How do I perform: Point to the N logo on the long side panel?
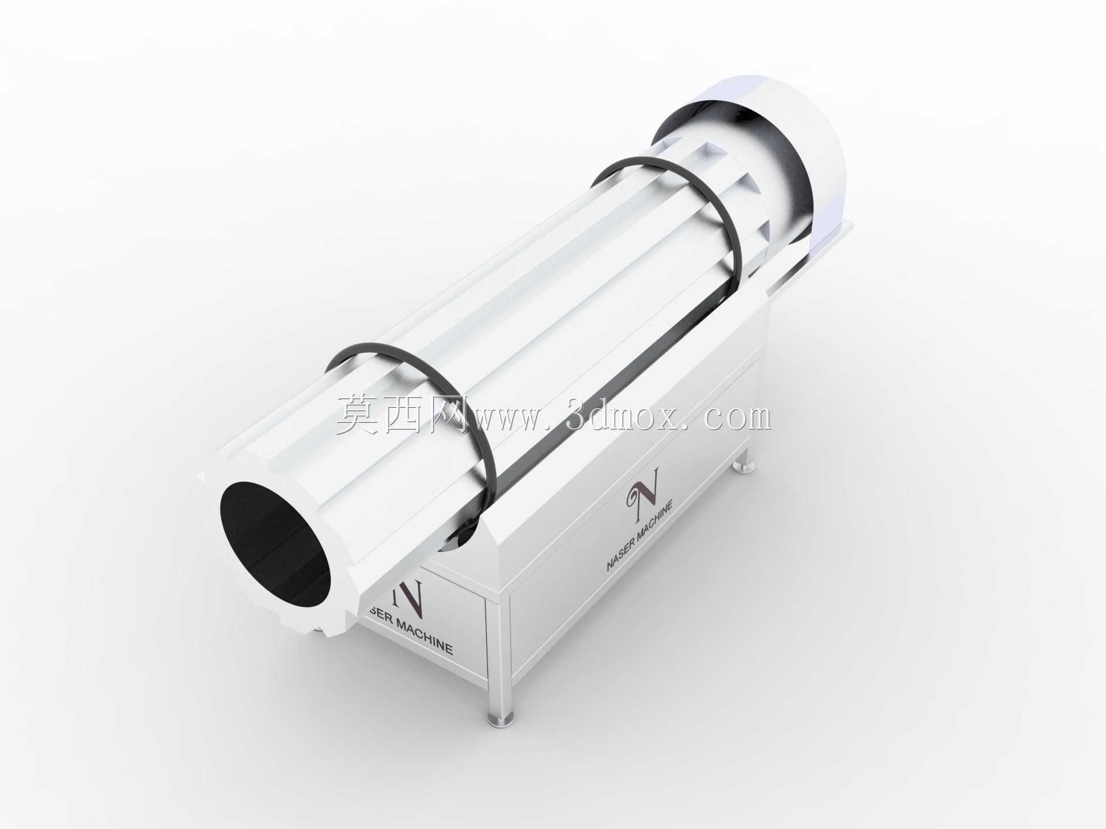pos(643,476)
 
